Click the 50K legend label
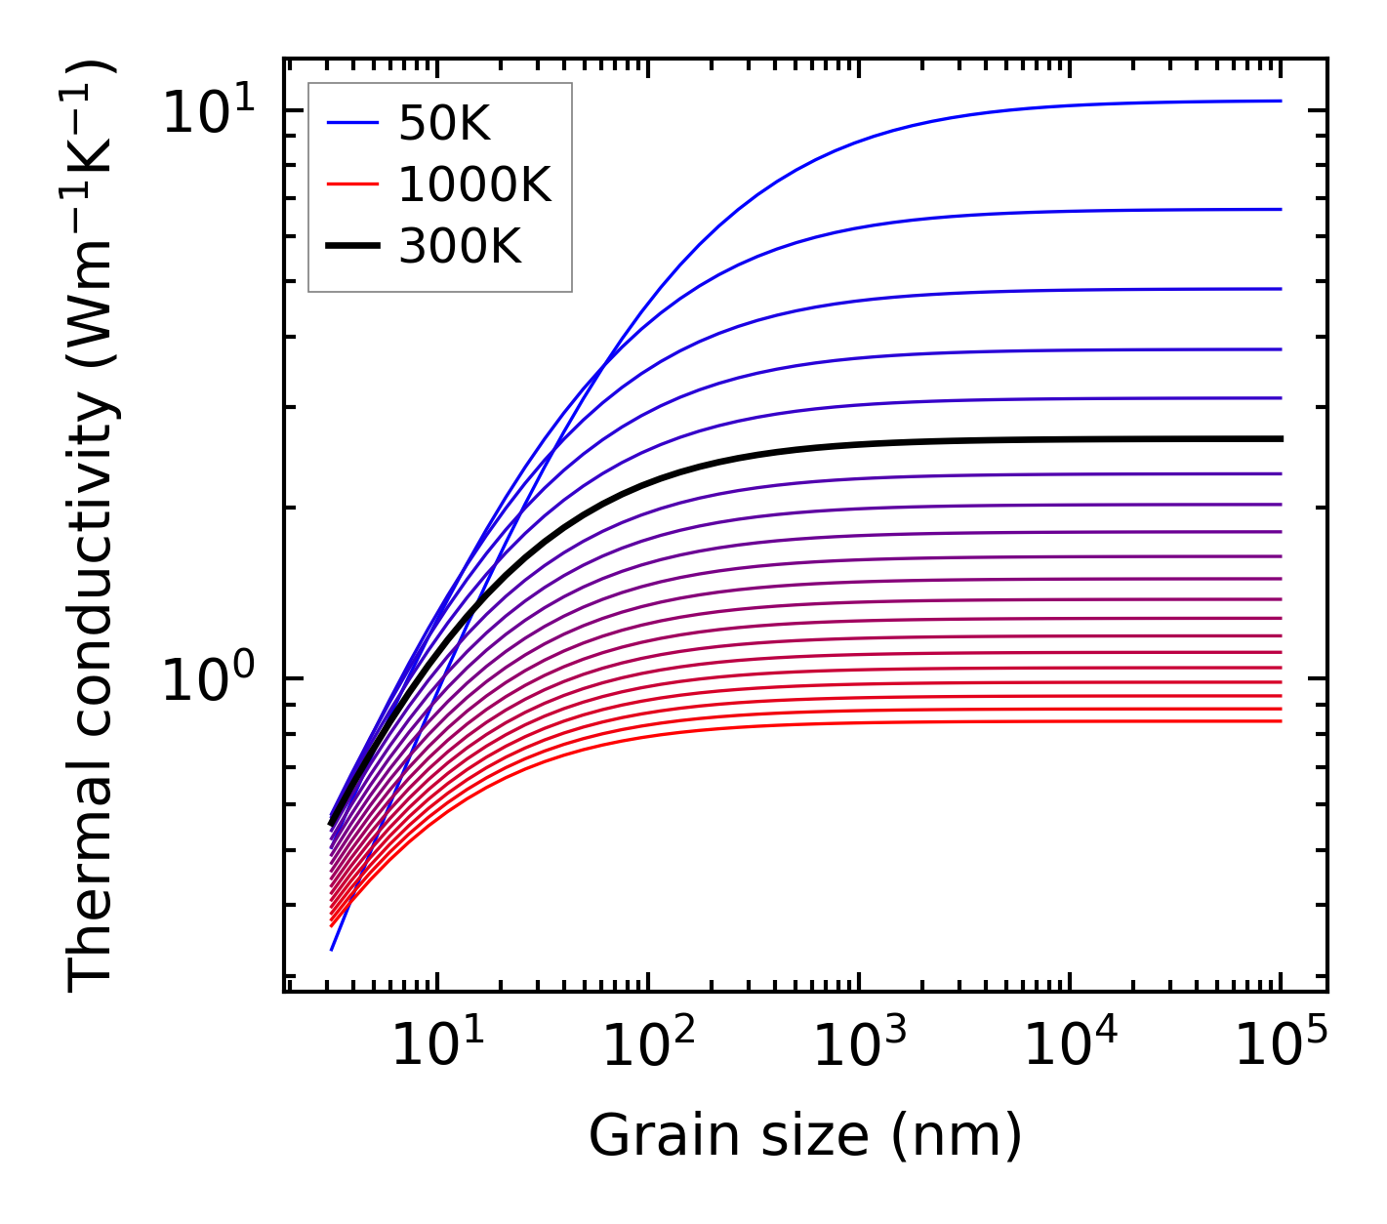point(444,123)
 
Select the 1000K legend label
point(474,184)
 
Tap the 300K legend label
point(460,247)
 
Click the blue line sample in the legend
point(351,123)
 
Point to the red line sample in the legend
point(351,184)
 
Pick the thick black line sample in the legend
point(351,247)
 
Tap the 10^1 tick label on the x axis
point(437,1047)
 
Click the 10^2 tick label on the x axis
point(648,1047)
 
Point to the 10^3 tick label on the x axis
point(859,1047)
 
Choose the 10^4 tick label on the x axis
point(1070,1047)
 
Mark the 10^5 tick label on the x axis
point(1281,1047)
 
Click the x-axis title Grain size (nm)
point(805,1136)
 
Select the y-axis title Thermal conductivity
point(92,527)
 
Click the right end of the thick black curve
point(1280,439)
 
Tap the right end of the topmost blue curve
point(1280,101)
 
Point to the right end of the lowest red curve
point(1280,721)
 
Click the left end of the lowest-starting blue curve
point(332,949)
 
